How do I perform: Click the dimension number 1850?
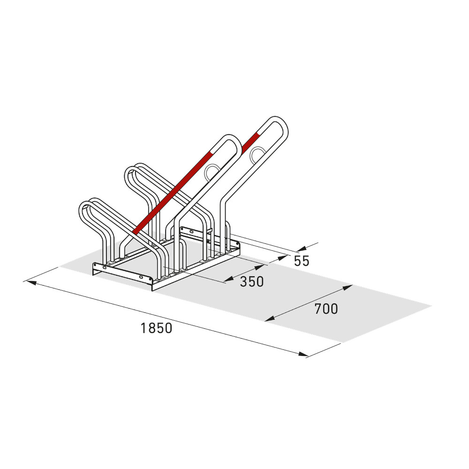click(157, 328)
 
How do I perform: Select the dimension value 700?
click(326, 309)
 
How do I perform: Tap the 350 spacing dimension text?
click(251, 281)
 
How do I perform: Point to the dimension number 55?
click(302, 261)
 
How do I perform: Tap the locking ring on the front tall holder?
click(212, 172)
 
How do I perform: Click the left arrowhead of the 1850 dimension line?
click(29, 282)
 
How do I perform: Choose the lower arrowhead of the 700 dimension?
click(269, 319)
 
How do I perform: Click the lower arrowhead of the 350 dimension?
click(228, 280)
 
